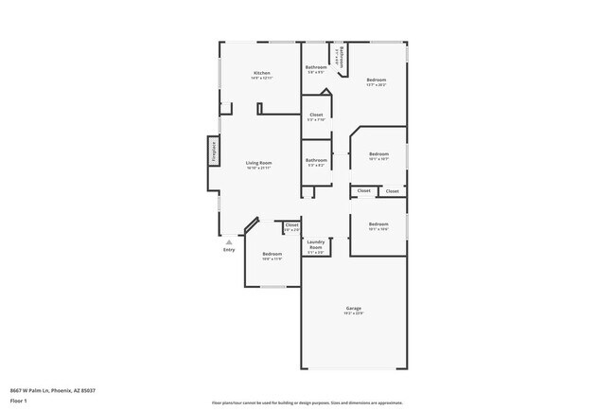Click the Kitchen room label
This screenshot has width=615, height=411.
(x=261, y=73)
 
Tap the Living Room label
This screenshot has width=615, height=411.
(x=259, y=163)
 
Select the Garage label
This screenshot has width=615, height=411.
(x=354, y=308)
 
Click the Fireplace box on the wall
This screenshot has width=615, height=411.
(x=214, y=152)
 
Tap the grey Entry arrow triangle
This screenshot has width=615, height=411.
(x=228, y=241)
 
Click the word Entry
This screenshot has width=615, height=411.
(x=228, y=250)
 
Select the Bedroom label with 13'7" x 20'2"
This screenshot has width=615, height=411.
(x=377, y=80)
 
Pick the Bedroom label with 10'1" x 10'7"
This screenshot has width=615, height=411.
(x=378, y=153)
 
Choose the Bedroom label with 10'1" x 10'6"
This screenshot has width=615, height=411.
(x=378, y=223)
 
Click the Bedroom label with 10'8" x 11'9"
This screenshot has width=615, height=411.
(x=272, y=253)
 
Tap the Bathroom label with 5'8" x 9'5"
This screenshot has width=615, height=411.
(x=316, y=67)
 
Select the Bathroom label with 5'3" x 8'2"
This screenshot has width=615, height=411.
(x=316, y=160)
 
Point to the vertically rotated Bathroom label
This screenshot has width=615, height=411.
(x=342, y=56)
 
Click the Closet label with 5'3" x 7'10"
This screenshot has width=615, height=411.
(x=316, y=115)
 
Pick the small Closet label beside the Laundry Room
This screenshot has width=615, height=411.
(x=291, y=224)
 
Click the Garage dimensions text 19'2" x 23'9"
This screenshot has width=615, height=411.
(x=354, y=313)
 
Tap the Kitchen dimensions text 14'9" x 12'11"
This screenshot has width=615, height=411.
(x=261, y=79)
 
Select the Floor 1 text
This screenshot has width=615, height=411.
(x=19, y=401)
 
